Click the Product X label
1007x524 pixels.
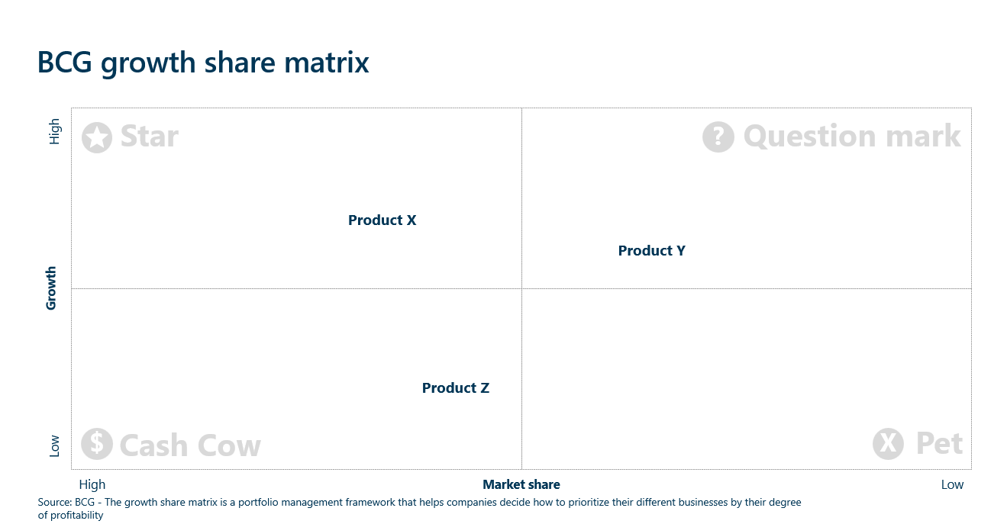coord(382,220)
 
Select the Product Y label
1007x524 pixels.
coord(651,251)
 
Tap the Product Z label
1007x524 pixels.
coord(455,388)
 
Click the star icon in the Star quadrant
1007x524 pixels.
coord(97,138)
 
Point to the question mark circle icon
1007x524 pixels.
coord(718,137)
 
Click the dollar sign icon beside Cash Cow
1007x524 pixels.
coord(97,444)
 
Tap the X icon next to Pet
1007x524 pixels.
coord(888,444)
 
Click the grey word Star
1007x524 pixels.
coord(150,137)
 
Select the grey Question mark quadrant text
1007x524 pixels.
coord(852,137)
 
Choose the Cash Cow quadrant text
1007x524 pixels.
coord(190,445)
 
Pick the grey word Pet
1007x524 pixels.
coord(940,443)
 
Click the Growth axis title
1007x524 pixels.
coord(51,288)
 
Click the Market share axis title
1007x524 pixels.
coord(521,484)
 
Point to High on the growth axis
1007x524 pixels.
coord(54,132)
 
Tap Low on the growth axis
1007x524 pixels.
coord(54,446)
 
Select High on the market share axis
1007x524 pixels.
coord(92,484)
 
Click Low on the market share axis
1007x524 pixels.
coord(952,484)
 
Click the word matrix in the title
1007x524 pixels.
coord(326,63)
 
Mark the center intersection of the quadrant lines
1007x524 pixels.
coord(521,288)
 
